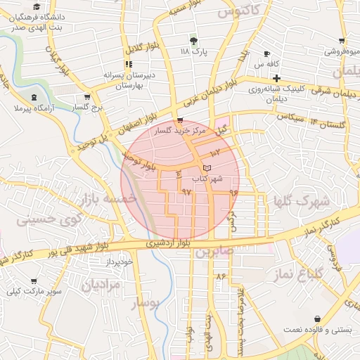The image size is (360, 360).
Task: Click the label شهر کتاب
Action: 211,179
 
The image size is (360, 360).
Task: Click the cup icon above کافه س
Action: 266,54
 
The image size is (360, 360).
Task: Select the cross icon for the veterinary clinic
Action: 277,78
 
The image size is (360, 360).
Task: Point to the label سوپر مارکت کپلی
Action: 34,290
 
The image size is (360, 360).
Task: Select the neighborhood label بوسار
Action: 146,302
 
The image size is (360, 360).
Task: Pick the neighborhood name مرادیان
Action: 101,285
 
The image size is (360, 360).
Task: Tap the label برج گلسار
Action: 87,108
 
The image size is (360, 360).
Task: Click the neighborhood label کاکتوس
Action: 236,11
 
